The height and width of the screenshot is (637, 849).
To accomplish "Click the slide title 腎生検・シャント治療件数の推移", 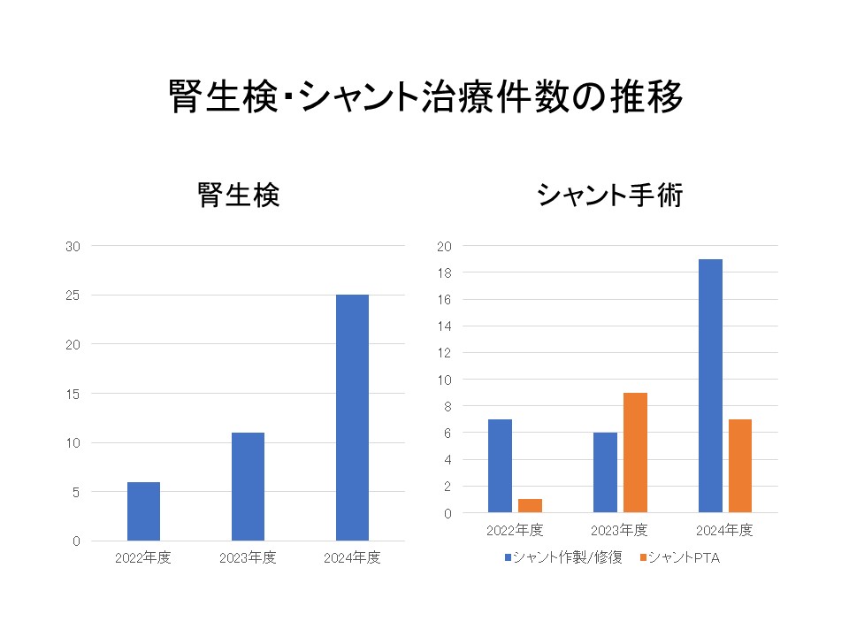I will pyautogui.click(x=424, y=98).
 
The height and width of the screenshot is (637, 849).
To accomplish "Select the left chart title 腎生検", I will pyautogui.click(x=239, y=195).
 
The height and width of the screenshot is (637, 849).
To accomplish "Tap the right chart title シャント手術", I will pyautogui.click(x=610, y=195).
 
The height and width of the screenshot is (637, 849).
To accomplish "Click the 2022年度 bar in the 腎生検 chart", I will pyautogui.click(x=143, y=511).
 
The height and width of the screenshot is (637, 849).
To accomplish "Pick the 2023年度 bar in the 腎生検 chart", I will pyautogui.click(x=248, y=487).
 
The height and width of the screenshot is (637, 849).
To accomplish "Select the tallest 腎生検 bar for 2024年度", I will pyautogui.click(x=352, y=418).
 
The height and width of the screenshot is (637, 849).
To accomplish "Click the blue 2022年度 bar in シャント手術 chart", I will pyautogui.click(x=500, y=465).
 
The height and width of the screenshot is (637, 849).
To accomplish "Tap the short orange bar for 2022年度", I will pyautogui.click(x=530, y=506).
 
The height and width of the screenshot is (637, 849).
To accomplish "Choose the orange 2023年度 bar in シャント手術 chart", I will pyautogui.click(x=635, y=453).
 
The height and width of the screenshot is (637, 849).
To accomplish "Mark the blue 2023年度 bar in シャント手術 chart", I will pyautogui.click(x=605, y=472).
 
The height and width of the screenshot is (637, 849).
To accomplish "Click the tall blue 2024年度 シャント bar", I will pyautogui.click(x=710, y=386).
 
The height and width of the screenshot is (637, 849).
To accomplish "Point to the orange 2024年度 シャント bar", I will pyautogui.click(x=740, y=465).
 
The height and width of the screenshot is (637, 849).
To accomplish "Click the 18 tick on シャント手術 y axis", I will pyautogui.click(x=445, y=272).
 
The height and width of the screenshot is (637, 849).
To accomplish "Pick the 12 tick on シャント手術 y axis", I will pyautogui.click(x=445, y=353).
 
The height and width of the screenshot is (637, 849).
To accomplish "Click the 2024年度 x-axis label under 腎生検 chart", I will pyautogui.click(x=352, y=558).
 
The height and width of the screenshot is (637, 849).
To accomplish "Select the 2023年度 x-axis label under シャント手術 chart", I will pyautogui.click(x=619, y=531).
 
